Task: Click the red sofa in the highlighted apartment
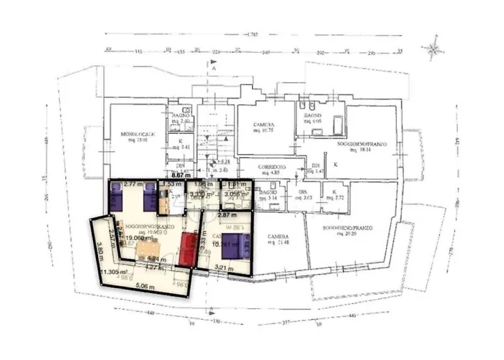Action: [x=189, y=248]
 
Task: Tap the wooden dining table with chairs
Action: [x=149, y=249]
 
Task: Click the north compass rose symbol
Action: [x=433, y=50]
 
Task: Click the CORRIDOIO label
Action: [x=270, y=169]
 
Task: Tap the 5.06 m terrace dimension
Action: [x=145, y=286]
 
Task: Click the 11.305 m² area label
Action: [x=115, y=271]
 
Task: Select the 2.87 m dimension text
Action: [x=228, y=215]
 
